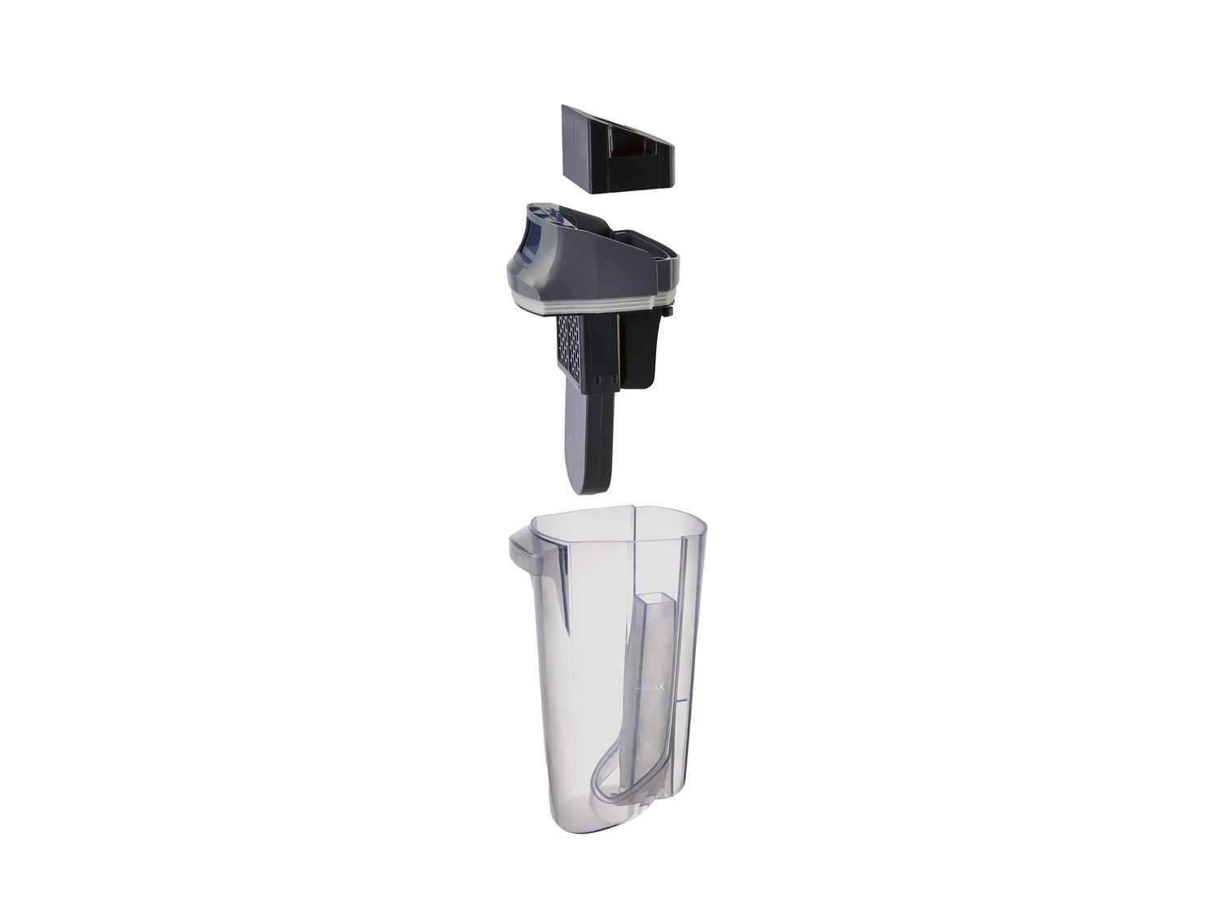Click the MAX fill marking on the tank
pyautogui.click(x=654, y=687)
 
